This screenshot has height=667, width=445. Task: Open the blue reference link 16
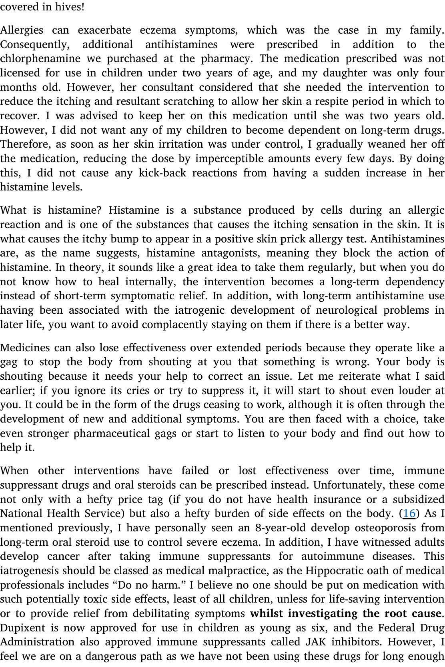(409, 513)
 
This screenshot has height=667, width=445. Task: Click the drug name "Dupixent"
(18, 628)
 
